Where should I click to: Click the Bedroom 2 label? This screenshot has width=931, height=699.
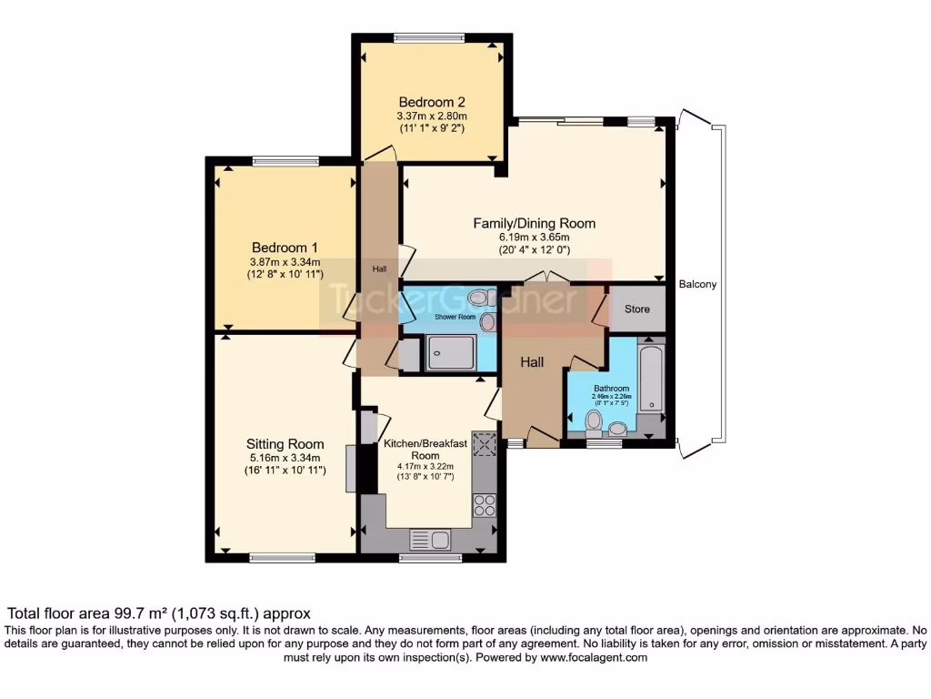pos(432,102)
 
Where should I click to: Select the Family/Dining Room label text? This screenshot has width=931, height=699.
pos(534,223)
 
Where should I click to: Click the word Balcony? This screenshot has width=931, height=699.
pos(697,284)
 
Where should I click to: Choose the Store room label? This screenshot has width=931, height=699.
pos(637,309)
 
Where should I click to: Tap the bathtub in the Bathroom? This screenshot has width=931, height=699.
pos(651,376)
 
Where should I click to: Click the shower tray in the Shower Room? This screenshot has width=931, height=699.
pos(451,352)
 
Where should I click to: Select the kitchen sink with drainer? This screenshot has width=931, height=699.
pos(430,539)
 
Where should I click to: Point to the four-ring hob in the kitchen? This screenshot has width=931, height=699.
pos(485,504)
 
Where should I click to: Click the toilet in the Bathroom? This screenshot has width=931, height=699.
pos(595,420)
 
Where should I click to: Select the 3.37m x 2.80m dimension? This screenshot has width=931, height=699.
pos(432,116)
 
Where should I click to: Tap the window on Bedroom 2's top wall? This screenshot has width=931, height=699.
pos(432,37)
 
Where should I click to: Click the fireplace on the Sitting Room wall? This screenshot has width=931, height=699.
pos(350,468)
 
